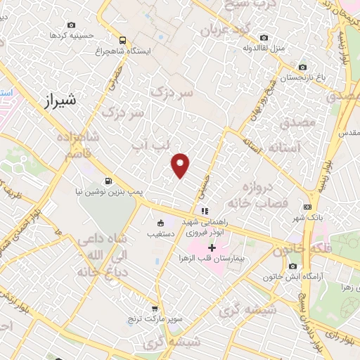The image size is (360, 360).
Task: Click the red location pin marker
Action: tap(181, 165)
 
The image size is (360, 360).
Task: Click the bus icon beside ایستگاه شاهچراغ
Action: tap(123, 40)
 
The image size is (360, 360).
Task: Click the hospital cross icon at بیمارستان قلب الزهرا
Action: tap(212, 248)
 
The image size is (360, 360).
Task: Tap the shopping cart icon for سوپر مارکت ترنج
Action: tap(155, 309)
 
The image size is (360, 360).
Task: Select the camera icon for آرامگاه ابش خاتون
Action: tap(293, 266)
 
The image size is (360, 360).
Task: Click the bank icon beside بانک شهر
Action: tap(307, 207)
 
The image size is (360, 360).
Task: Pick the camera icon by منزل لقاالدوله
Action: tap(264, 37)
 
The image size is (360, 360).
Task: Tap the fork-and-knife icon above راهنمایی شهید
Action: tap(204, 211)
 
